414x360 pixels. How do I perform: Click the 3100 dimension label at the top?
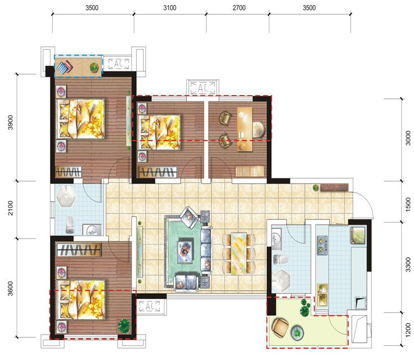pyautogui.click(x=170, y=8)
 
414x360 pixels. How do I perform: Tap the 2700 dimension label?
pyautogui.click(x=239, y=8)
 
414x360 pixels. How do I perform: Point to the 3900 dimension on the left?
pyautogui.click(x=10, y=122)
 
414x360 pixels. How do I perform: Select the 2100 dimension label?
pyautogui.click(x=10, y=208)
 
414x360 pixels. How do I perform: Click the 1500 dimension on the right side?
pyautogui.click(x=408, y=204)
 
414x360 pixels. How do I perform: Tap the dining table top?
pyautogui.click(x=238, y=254)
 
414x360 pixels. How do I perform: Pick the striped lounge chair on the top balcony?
pyautogui.click(x=65, y=67)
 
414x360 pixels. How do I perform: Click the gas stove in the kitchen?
pyautogui.click(x=322, y=245)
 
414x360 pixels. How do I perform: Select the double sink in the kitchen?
pyautogui.click(x=322, y=295)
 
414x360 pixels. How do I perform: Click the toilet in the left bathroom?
pyautogui.click(x=70, y=225)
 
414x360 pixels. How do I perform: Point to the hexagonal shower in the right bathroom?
pyautogui.click(x=281, y=280)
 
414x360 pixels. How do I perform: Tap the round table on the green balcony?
pyautogui.click(x=298, y=332)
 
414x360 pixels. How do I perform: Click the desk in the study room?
pyautogui.click(x=245, y=129)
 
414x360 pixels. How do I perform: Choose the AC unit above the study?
pyautogui.click(x=203, y=87)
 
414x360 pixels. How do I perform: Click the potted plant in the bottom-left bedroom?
pyautogui.click(x=124, y=326)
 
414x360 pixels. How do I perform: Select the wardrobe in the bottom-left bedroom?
pyautogui.click(x=79, y=250)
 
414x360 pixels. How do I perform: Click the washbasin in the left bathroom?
pyautogui.click(x=92, y=230)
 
